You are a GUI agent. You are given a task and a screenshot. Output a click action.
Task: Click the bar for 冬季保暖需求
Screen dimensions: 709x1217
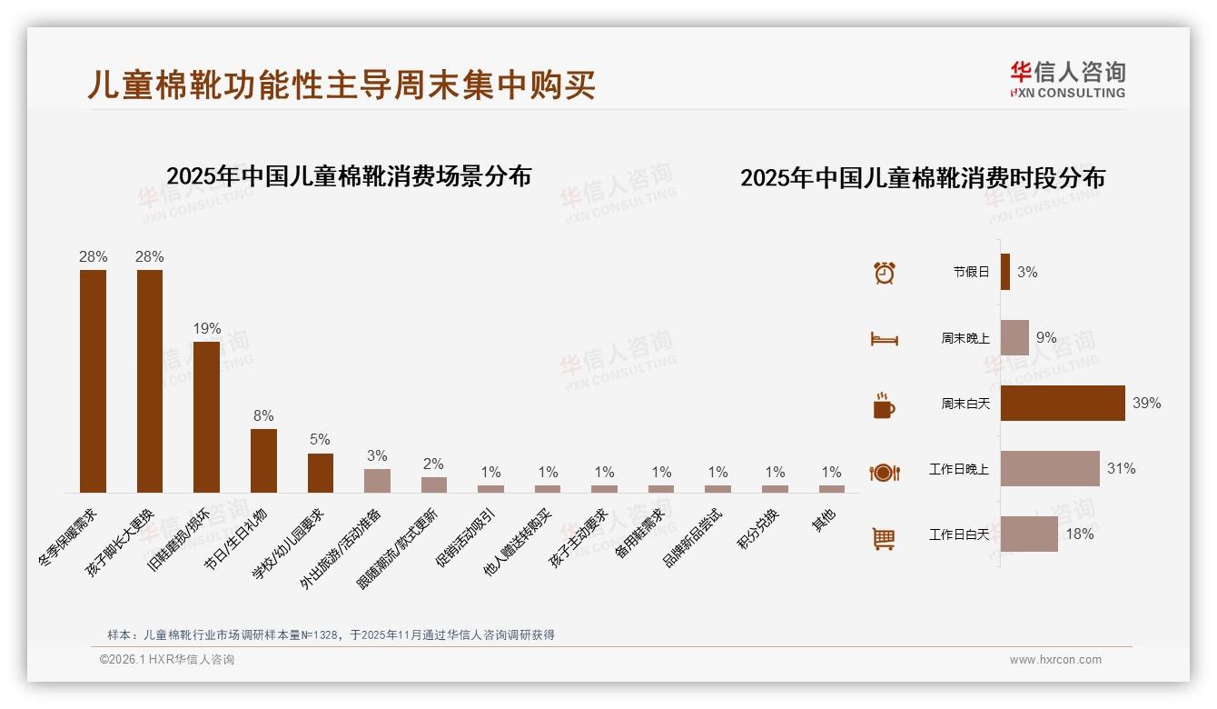(93, 381)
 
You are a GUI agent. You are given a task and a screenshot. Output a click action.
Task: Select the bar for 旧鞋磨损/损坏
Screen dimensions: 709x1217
(206, 417)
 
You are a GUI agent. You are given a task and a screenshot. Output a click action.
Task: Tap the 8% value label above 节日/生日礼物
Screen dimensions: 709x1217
(263, 416)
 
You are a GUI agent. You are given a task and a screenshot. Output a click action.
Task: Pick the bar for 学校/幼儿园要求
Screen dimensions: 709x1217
(321, 473)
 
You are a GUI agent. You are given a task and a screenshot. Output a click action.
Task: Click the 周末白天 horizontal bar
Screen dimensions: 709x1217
(1063, 403)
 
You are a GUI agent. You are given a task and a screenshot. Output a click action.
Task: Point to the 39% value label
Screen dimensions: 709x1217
(1146, 403)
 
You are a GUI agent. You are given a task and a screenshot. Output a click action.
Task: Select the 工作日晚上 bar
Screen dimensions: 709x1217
(1050, 468)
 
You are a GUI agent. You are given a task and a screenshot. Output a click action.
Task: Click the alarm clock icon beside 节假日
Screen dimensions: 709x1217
(884, 272)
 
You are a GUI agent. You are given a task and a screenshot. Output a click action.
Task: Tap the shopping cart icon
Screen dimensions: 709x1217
(884, 538)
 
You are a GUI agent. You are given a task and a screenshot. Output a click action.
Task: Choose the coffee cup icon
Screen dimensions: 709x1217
(884, 405)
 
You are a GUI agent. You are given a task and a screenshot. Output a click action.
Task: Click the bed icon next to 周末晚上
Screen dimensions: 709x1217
(884, 339)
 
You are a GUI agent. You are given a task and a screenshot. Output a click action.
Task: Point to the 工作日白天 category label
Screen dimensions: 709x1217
(958, 534)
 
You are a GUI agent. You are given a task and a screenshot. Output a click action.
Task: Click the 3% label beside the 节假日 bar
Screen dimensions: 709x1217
(1027, 272)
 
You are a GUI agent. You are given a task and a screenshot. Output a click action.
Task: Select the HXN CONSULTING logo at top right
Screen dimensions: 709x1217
(1067, 79)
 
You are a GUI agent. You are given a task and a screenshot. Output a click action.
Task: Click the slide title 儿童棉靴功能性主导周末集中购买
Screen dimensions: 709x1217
(341, 85)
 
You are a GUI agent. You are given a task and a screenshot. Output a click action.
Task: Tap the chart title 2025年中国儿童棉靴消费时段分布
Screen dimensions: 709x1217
(922, 178)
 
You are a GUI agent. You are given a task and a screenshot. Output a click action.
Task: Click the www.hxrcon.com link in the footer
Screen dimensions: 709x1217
(1055, 660)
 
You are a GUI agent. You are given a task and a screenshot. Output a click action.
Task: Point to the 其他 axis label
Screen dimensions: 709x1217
(824, 521)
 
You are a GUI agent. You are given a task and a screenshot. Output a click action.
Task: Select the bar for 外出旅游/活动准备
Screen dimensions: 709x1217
(377, 480)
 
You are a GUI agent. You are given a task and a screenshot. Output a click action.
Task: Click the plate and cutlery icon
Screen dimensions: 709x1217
(884, 472)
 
